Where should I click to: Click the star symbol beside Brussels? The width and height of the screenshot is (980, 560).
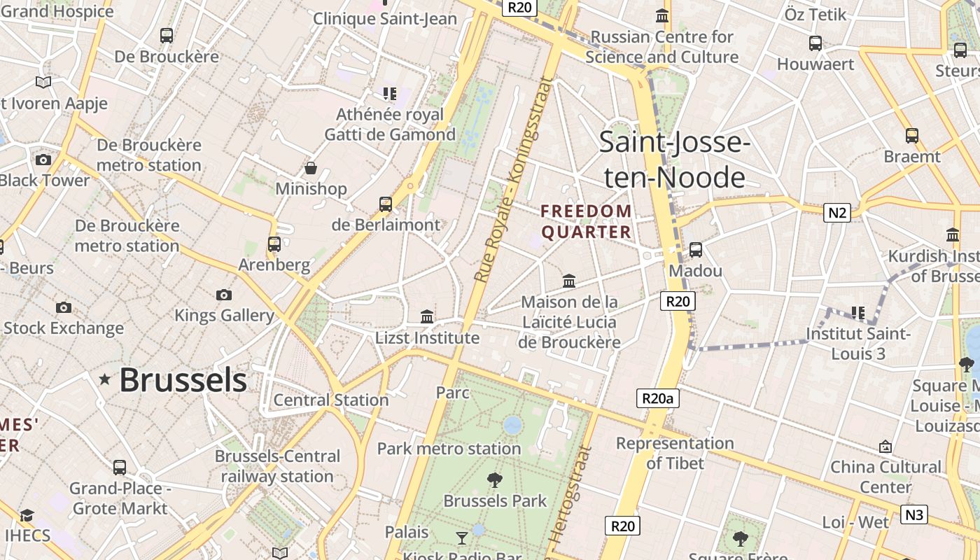pyautogui.click(x=105, y=379)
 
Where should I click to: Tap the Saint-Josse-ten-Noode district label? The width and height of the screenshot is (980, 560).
pyautogui.click(x=675, y=160)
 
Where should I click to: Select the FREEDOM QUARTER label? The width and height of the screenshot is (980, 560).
pyautogui.click(x=587, y=221)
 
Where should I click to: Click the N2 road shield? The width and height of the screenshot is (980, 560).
pyautogui.click(x=836, y=213)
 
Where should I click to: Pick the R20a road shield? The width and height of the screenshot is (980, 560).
pyautogui.click(x=658, y=399)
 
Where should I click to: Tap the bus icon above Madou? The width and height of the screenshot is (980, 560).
pyautogui.click(x=696, y=249)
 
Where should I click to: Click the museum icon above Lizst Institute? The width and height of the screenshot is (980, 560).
pyautogui.click(x=427, y=316)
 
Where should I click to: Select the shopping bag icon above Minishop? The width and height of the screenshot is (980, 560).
pyautogui.click(x=311, y=168)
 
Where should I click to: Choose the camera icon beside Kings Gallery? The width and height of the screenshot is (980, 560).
pyautogui.click(x=224, y=295)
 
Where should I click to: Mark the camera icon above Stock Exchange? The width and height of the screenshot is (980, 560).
pyautogui.click(x=64, y=307)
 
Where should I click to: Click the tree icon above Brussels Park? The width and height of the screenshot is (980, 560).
pyautogui.click(x=495, y=480)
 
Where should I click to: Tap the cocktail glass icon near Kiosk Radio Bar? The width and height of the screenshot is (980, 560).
pyautogui.click(x=462, y=538)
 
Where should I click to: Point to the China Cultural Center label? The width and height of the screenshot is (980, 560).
pyautogui.click(x=885, y=476)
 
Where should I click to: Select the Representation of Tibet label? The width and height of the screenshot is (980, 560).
pyautogui.click(x=675, y=453)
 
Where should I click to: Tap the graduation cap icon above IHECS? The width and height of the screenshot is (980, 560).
pyautogui.click(x=27, y=515)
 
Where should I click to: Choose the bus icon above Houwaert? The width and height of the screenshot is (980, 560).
pyautogui.click(x=815, y=43)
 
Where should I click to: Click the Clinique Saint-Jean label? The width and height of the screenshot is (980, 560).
pyautogui.click(x=385, y=19)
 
